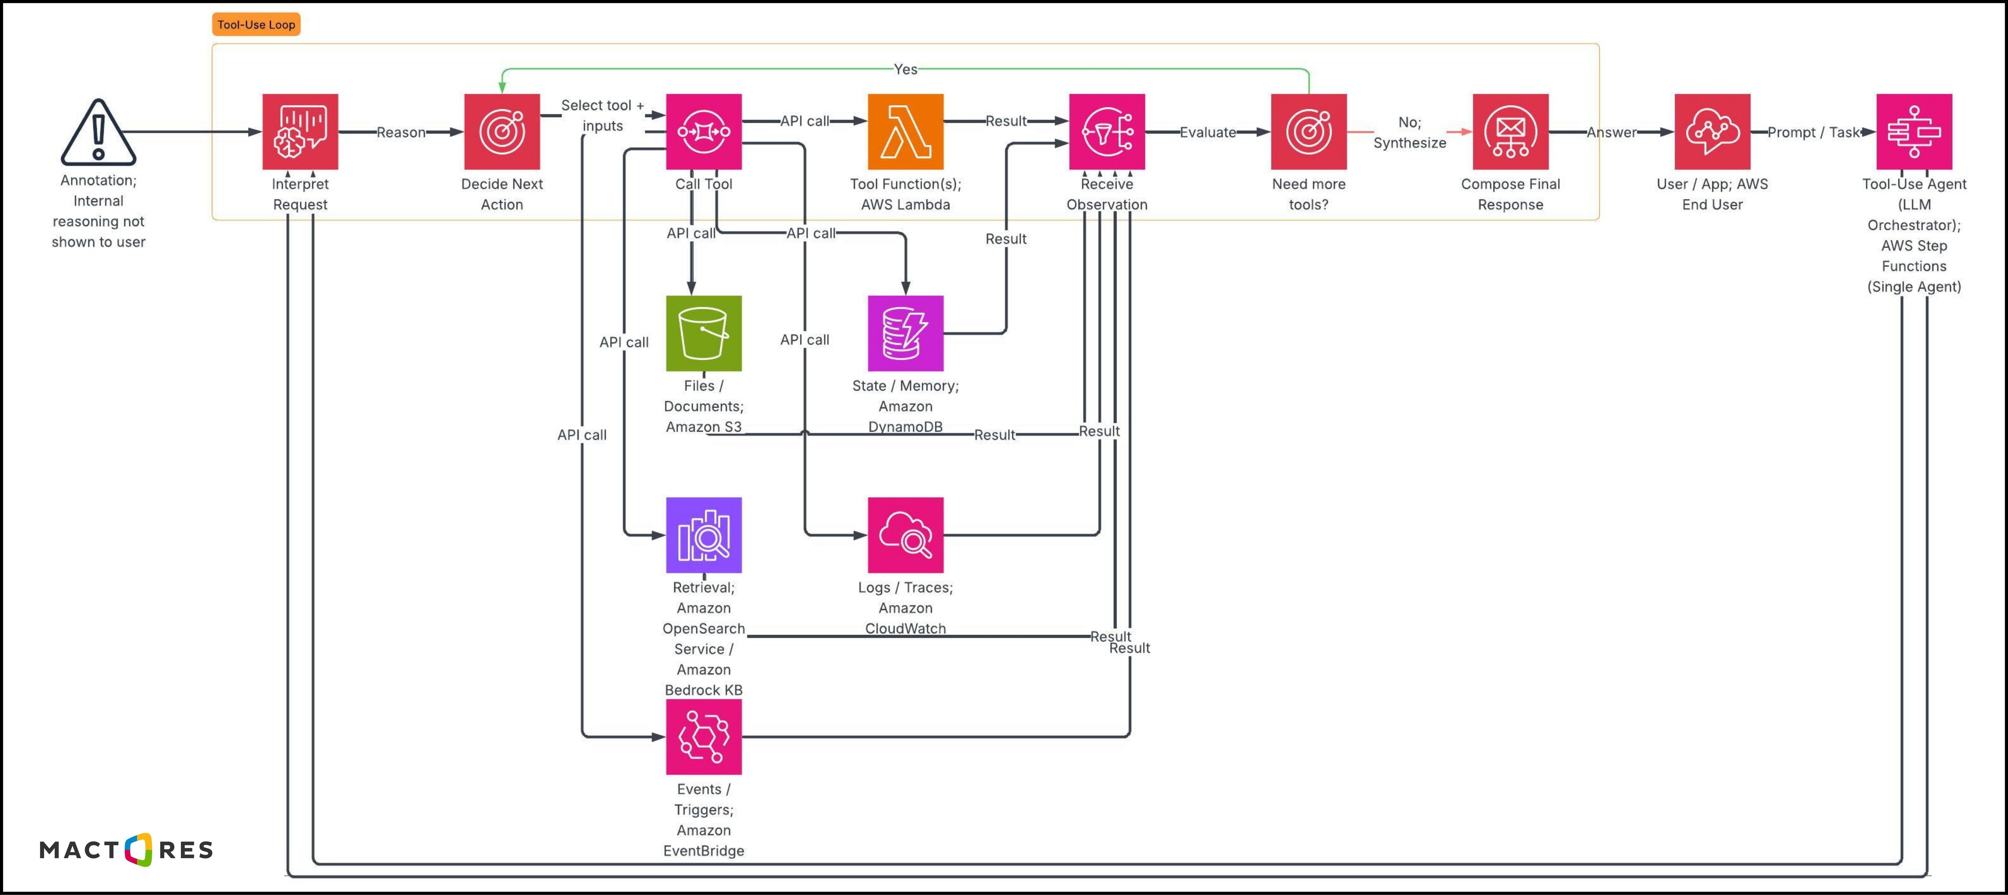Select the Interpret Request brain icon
(x=300, y=132)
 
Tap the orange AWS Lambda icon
(x=905, y=132)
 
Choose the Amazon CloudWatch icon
(x=905, y=535)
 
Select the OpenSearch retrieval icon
(x=703, y=535)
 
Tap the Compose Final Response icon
(x=1510, y=132)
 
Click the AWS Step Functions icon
(x=1914, y=132)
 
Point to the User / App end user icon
(x=1712, y=132)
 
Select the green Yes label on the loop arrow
(x=905, y=69)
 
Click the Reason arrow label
(x=401, y=133)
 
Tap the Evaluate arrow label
(x=1207, y=133)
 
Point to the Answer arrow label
(x=1611, y=133)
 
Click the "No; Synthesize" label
(x=1410, y=133)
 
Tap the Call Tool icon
(x=703, y=132)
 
